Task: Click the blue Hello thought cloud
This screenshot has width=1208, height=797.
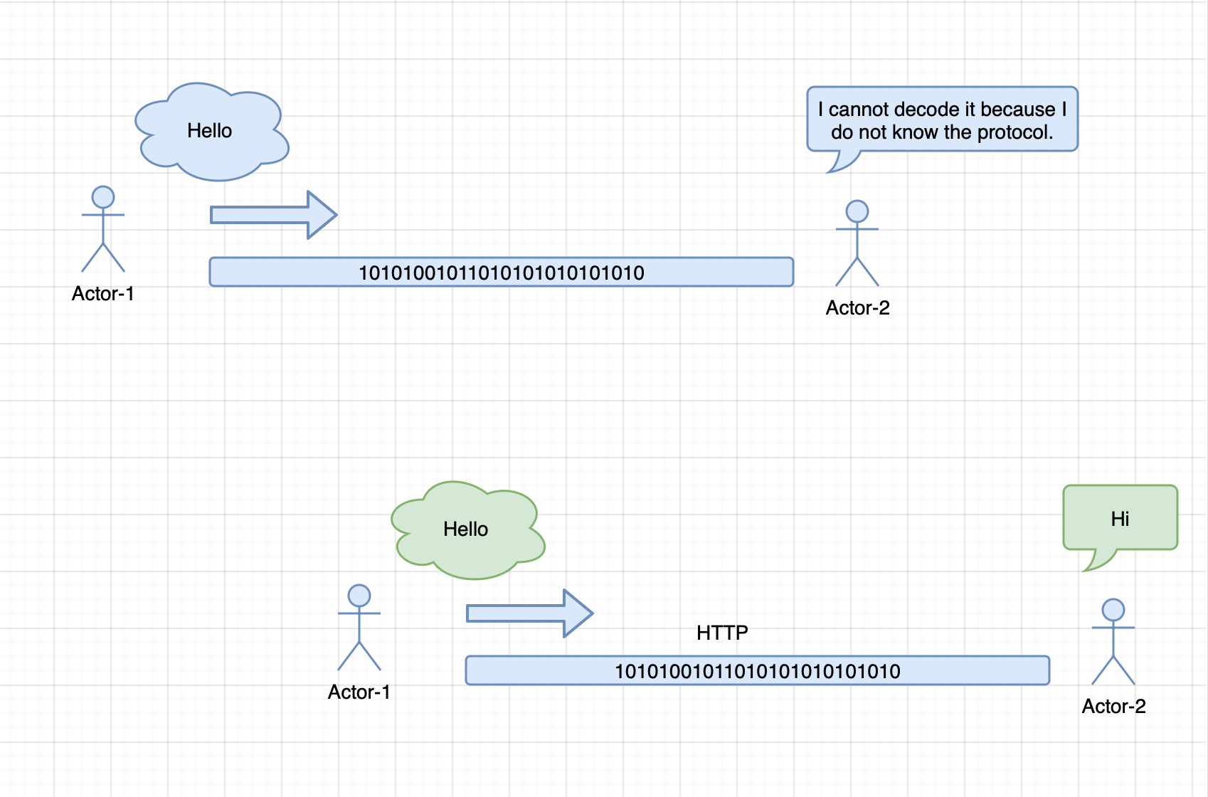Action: tap(211, 132)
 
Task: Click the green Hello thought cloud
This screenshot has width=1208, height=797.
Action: tap(467, 530)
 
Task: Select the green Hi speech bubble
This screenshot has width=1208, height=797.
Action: tap(1120, 517)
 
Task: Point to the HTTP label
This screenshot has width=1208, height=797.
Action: tap(722, 633)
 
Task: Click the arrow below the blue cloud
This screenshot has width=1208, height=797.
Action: tap(273, 215)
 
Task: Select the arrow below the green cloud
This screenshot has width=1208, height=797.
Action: tap(529, 613)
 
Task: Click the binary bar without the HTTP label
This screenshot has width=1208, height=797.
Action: tap(501, 272)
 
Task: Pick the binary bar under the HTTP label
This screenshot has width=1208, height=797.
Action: tap(757, 670)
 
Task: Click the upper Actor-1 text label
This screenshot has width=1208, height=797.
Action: tap(103, 293)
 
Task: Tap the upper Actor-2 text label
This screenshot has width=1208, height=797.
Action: tap(857, 308)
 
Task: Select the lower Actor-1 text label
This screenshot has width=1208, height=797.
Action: tap(359, 692)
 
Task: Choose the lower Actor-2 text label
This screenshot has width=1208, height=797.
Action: tap(1113, 707)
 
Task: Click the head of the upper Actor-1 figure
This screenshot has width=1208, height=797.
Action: tap(103, 197)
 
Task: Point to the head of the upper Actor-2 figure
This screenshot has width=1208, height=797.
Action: tap(857, 211)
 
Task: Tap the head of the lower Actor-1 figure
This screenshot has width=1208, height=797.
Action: tap(359, 596)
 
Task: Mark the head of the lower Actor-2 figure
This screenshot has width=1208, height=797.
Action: tap(1113, 610)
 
